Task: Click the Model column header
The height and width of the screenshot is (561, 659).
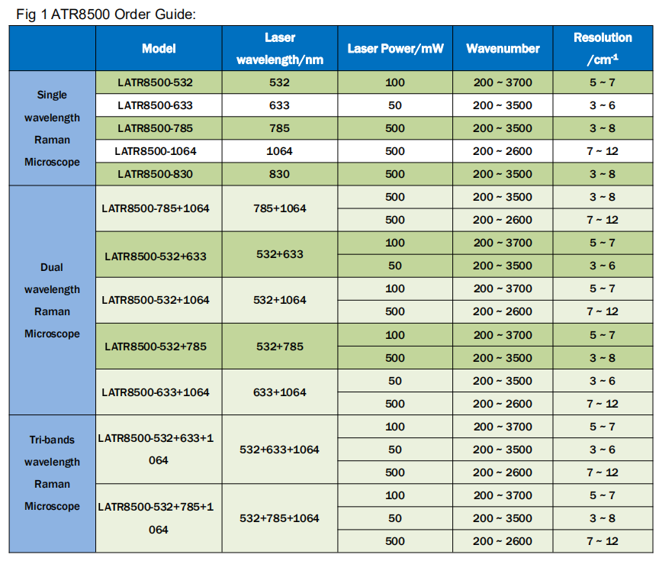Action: coord(159,48)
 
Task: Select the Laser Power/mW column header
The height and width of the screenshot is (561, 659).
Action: coord(395,48)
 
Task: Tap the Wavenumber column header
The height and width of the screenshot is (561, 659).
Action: coord(503,48)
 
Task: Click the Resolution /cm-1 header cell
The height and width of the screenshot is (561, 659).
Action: coord(603,48)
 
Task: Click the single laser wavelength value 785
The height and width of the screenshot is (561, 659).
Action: coord(279,128)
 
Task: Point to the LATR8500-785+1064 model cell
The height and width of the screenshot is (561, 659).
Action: coord(156,208)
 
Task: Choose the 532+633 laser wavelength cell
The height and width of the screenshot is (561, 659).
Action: coord(279,254)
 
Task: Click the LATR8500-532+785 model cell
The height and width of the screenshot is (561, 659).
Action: coord(156,346)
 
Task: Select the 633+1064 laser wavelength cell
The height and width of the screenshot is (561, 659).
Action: coord(279,392)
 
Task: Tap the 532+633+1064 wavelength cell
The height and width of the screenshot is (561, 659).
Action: coord(279,450)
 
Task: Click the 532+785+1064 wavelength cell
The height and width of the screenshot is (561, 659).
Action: coord(279,518)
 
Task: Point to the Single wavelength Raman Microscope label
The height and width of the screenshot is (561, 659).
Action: coord(52,128)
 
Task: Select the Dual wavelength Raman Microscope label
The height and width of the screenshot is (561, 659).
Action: coord(52,300)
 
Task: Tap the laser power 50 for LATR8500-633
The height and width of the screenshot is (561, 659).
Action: coord(395,105)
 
